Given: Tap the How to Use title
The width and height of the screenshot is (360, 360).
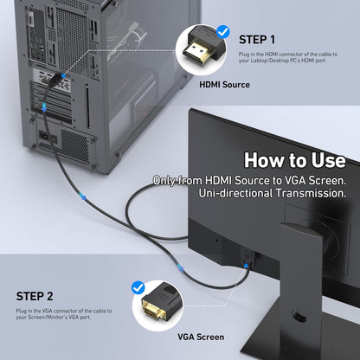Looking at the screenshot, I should click(x=294, y=160).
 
